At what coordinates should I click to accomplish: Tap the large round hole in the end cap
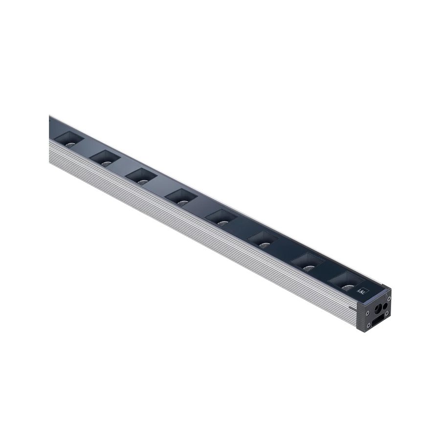(x=377, y=308)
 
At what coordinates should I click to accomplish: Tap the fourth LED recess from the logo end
(x=221, y=217)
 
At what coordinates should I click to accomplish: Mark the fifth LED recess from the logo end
(x=181, y=197)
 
